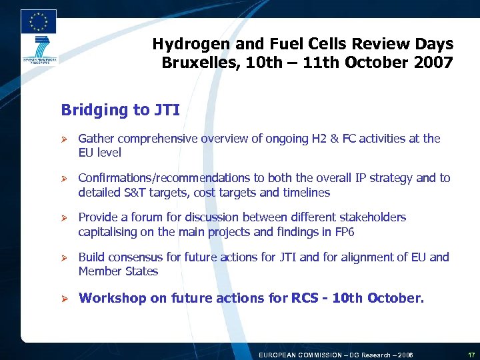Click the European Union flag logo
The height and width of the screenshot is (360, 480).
pyautogui.click(x=39, y=21)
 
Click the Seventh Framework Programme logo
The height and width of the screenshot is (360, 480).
pyautogui.click(x=38, y=51)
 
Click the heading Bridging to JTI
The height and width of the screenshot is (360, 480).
pyautogui.click(x=120, y=109)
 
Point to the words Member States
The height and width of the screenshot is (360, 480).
pyautogui.click(x=118, y=271)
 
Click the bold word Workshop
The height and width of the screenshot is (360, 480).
pyautogui.click(x=111, y=298)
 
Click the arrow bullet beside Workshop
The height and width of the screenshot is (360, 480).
pyautogui.click(x=65, y=298)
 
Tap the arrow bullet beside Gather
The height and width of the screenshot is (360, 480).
pyautogui.click(x=65, y=139)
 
